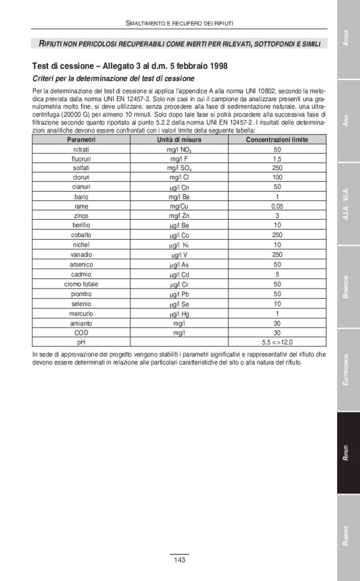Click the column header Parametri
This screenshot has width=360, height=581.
coord(81,140)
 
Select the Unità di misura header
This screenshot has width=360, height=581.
coord(179,140)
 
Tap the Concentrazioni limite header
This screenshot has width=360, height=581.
coord(277,140)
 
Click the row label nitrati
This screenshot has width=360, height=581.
coord(81,150)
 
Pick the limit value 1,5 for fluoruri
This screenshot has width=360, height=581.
coord(277,160)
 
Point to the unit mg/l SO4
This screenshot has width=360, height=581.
coord(179,169)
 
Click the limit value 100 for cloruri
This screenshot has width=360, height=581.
coord(277,178)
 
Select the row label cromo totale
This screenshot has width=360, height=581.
coord(81,284)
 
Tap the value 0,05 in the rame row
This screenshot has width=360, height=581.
coord(277,206)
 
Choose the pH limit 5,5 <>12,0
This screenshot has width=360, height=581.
coord(277,341)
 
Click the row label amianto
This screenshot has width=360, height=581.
coord(81,323)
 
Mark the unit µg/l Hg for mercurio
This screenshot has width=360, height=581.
coord(179,313)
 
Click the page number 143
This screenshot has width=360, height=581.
coord(179,561)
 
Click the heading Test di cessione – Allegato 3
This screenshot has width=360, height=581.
coord(130,66)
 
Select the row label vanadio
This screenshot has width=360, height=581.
coord(81,254)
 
